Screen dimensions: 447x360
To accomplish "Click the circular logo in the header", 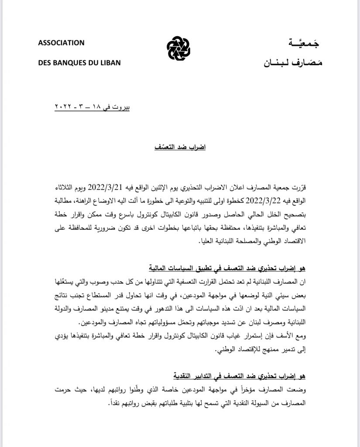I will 179,51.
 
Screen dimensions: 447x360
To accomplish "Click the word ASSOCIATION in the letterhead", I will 61,43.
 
